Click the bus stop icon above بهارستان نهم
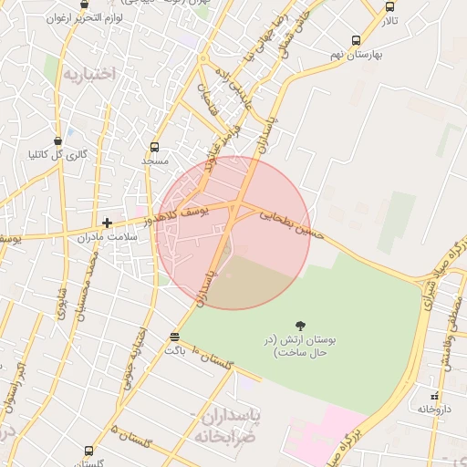[356, 40]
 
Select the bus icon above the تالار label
[390, 6]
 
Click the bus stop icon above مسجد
[155, 147]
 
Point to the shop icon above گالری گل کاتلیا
[58, 141]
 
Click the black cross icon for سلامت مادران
[108, 223]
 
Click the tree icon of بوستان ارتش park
[300, 325]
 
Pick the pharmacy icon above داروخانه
[435, 396]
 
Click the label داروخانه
[435, 410]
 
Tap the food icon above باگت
[174, 337]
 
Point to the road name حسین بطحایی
[292, 223]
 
